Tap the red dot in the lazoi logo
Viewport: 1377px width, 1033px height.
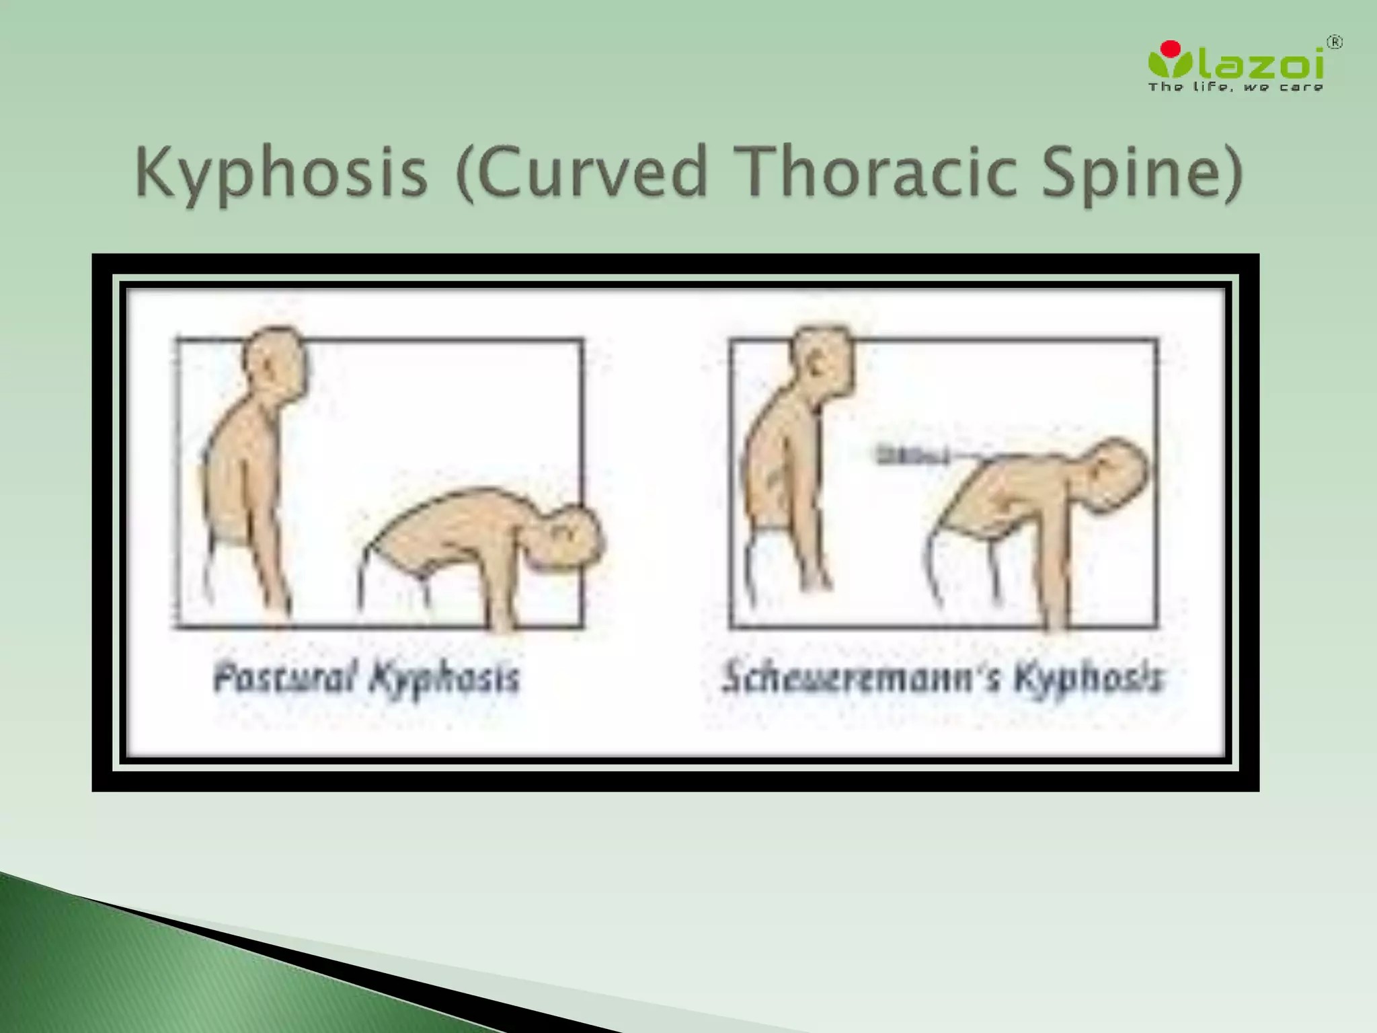1171,48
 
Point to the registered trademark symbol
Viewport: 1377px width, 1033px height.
1335,43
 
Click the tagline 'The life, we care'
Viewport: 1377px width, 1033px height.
1236,87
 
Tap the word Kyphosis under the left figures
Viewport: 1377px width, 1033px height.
444,677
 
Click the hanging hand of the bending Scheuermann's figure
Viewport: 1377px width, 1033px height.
1056,615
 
